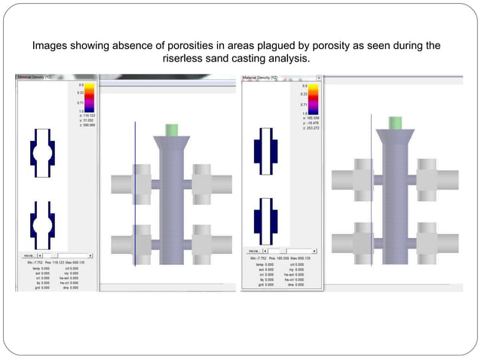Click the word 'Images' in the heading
click(52, 45)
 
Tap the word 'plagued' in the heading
click(295, 45)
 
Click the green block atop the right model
click(396, 123)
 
